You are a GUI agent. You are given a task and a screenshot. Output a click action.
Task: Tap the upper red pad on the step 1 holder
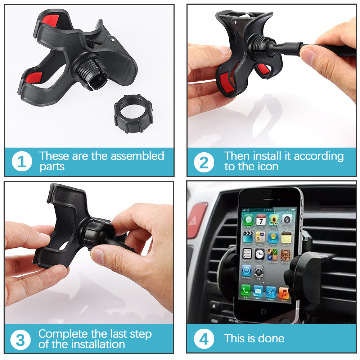coord(50,20)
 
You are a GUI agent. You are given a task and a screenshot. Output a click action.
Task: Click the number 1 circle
coord(22,161)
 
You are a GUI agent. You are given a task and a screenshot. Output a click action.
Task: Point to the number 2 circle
coord(204,162)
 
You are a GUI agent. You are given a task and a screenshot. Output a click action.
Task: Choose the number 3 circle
coord(21,340)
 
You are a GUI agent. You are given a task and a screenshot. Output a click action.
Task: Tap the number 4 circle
coord(204,339)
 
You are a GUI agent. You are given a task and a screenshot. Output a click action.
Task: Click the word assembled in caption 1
coord(137,156)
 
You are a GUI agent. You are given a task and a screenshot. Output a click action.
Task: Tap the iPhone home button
coord(264,311)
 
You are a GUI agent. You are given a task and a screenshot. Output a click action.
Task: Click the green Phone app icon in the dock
coord(246,290)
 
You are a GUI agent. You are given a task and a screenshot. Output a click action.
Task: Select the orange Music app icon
coord(284,293)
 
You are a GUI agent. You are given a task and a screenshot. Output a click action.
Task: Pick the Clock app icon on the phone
coord(260,254)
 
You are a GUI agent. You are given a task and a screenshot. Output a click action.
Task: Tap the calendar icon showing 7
coord(261,220)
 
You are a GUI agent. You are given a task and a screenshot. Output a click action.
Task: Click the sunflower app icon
coord(274,220)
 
